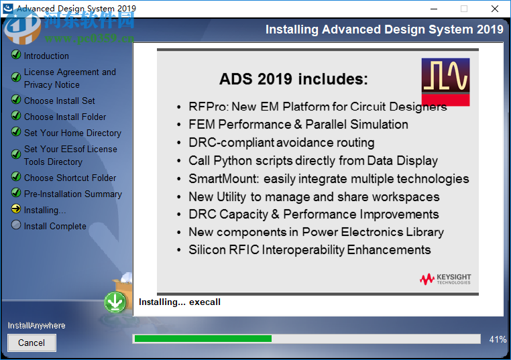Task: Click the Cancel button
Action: (x=32, y=343)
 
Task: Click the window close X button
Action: (x=495, y=9)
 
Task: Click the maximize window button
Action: (x=463, y=9)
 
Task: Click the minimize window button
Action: (x=433, y=9)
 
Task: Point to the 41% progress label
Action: (x=498, y=339)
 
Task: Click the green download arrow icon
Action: (x=115, y=302)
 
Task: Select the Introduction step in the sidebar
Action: (x=46, y=56)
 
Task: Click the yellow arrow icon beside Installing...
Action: (x=16, y=210)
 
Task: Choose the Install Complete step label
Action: (x=55, y=226)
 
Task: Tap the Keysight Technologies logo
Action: (x=445, y=279)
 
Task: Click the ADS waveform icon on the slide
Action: (x=445, y=82)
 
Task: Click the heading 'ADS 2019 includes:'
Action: (x=294, y=79)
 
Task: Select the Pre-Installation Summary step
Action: (x=73, y=194)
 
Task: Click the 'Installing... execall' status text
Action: (x=179, y=302)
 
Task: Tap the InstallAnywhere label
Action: (x=37, y=325)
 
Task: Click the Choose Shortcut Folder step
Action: (x=70, y=178)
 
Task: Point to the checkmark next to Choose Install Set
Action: (x=16, y=101)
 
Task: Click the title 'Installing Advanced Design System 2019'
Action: (x=384, y=29)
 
